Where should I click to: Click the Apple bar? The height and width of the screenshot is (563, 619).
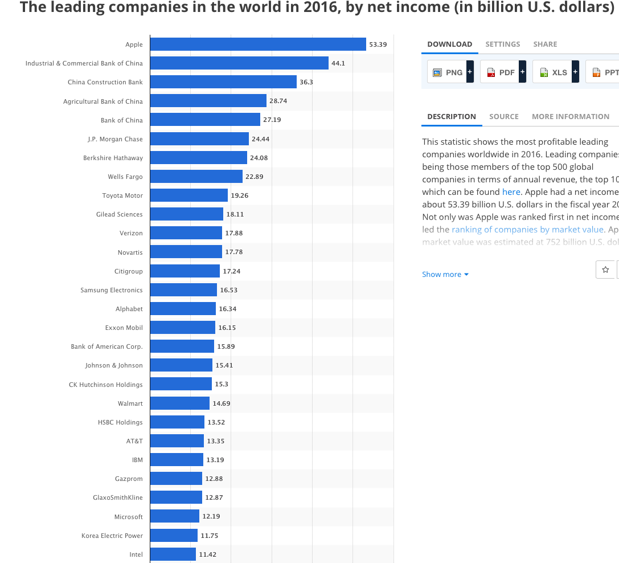(x=257, y=44)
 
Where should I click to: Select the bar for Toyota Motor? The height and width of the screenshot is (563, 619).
(x=188, y=195)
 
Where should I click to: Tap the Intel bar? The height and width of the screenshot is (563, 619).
(x=173, y=554)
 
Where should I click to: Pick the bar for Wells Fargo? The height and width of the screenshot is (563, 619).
(x=196, y=177)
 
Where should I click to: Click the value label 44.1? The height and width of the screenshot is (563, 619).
(x=338, y=63)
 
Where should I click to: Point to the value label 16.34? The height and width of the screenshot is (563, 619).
(x=228, y=309)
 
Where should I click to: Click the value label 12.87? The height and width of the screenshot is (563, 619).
(x=214, y=497)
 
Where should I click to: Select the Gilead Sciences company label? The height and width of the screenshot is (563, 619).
(x=120, y=214)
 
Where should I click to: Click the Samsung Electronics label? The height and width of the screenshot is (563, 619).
(x=112, y=290)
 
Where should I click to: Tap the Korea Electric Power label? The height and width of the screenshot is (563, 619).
(x=112, y=536)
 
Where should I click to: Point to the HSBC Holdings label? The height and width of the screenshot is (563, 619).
(x=120, y=422)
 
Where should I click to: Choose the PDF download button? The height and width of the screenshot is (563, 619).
(x=502, y=72)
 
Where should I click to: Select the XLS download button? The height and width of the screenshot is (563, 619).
(x=554, y=72)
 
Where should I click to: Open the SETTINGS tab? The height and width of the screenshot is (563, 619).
(x=503, y=44)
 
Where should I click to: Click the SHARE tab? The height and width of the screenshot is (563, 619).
(x=545, y=44)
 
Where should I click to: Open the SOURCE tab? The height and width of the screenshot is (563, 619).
(x=504, y=116)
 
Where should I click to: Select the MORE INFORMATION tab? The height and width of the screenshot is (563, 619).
(x=571, y=116)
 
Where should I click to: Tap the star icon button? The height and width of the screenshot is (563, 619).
(x=605, y=270)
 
